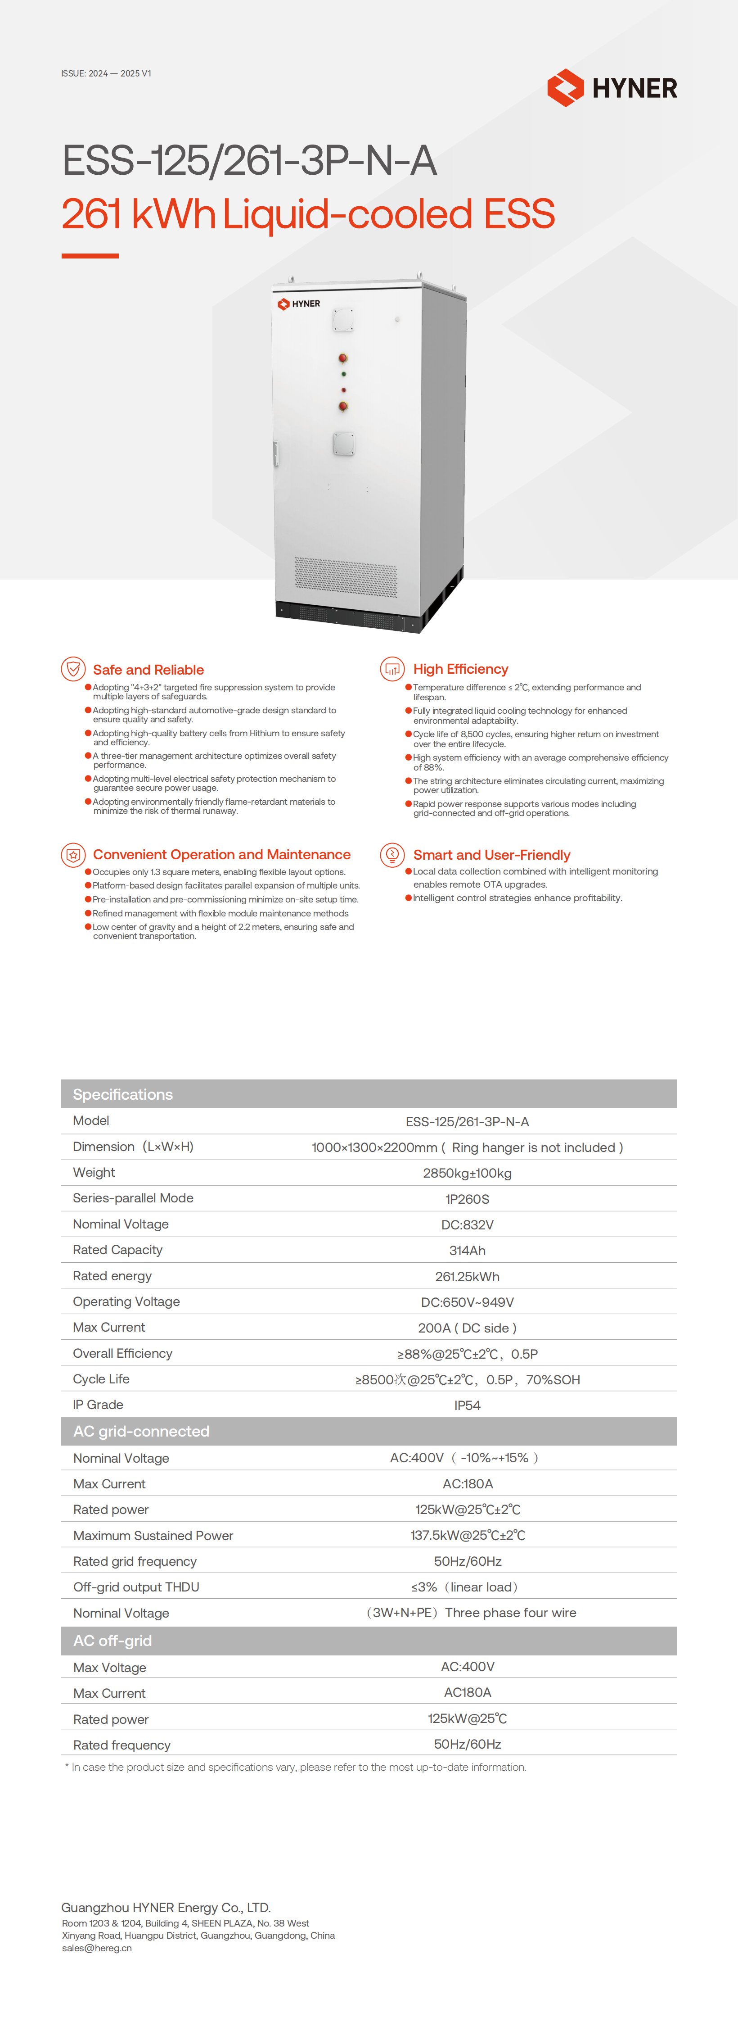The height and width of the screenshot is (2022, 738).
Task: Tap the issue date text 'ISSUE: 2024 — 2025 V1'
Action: tap(106, 74)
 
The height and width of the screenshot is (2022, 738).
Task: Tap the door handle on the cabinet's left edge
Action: tap(275, 453)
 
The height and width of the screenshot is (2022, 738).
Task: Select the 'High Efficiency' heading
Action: tap(460, 669)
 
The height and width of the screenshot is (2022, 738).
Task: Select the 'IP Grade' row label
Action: tap(98, 1404)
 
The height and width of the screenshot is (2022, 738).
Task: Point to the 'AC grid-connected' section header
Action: tap(141, 1431)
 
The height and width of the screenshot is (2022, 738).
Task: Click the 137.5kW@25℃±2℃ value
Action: tap(468, 1535)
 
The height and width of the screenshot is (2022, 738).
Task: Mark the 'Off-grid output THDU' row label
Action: tap(136, 1587)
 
